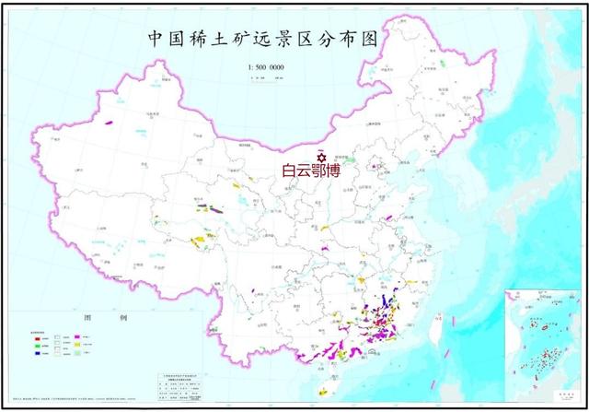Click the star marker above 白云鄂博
322,156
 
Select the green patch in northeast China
443,65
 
